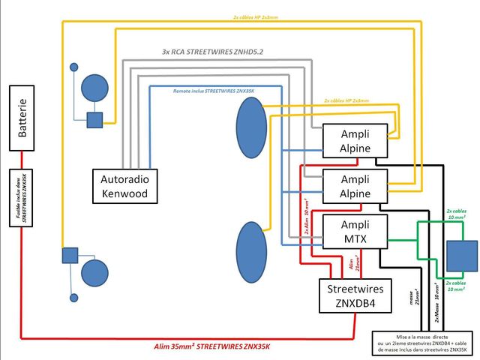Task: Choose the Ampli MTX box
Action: pyautogui.click(x=355, y=231)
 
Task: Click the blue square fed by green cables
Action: pyautogui.click(x=461, y=255)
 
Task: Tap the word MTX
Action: pyautogui.click(x=355, y=238)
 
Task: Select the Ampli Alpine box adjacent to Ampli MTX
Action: pyautogui.click(x=355, y=186)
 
